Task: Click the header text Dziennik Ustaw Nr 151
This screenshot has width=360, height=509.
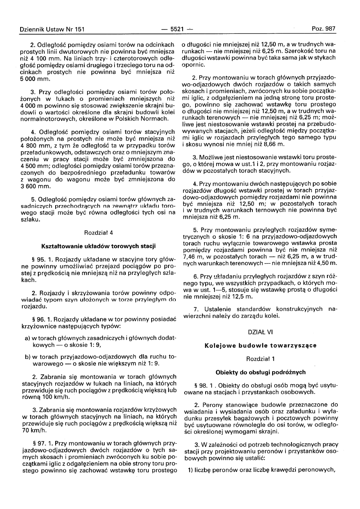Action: pos(52,29)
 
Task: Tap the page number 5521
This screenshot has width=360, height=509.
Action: pos(177,29)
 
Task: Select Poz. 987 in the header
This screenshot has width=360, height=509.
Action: pos(323,29)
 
